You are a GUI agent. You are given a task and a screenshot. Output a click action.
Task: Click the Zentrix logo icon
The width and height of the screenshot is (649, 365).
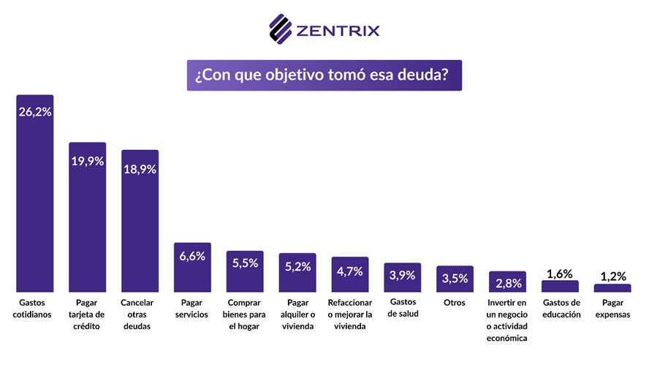point(281,29)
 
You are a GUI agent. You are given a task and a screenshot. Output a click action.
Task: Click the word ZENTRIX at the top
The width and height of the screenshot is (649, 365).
point(338,31)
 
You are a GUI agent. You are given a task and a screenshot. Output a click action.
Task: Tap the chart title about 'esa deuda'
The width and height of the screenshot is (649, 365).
point(324,75)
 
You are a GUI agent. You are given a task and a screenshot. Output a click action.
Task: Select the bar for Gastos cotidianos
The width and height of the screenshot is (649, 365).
point(35,205)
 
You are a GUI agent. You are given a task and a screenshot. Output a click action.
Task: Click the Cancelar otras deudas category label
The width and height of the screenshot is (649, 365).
point(140,315)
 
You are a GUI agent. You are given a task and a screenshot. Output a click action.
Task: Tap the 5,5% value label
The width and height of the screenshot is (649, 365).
point(245,263)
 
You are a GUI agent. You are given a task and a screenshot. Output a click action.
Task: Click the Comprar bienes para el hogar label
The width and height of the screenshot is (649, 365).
point(245,315)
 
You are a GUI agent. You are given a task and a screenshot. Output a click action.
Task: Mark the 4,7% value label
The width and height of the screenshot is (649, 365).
point(350,271)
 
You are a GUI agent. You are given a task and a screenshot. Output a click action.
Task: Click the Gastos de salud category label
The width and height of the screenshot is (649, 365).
point(403,309)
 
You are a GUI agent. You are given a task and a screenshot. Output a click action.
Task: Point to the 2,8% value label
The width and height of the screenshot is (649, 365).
point(507,282)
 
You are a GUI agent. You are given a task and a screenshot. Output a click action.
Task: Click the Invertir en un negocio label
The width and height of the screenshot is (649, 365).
point(507,320)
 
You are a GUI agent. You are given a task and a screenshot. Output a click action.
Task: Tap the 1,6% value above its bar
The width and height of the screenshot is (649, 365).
point(560,274)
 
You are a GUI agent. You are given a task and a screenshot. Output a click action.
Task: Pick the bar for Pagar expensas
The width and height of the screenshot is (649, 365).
point(612,288)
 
